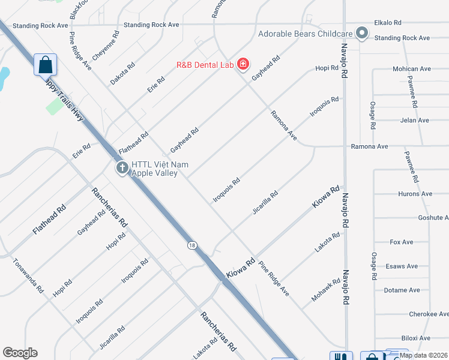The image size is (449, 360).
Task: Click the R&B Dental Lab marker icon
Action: (x=243, y=64)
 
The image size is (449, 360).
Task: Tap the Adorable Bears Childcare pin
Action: (x=361, y=34)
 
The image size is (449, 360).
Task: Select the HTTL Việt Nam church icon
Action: (x=122, y=168)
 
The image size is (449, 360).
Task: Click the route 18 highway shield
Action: (x=191, y=245)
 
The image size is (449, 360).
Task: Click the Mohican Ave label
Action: (x=412, y=69)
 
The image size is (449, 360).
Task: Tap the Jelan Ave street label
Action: (x=414, y=121)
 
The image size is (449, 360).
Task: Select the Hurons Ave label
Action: (x=415, y=194)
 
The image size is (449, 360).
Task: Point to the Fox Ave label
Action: (x=402, y=242)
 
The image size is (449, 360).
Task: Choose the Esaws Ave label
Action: (x=402, y=266)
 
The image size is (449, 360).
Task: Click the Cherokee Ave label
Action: (x=428, y=314)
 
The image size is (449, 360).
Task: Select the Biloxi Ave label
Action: (x=416, y=338)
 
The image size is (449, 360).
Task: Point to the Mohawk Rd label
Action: (x=326, y=290)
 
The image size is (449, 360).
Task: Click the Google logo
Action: (x=20, y=353)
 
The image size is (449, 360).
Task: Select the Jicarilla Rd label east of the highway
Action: (x=265, y=203)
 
